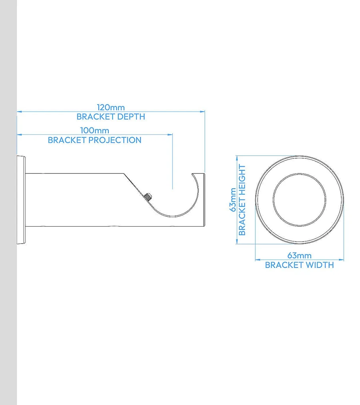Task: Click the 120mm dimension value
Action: (x=111, y=108)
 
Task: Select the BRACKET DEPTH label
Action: (x=111, y=117)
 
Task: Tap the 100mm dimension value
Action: (x=94, y=131)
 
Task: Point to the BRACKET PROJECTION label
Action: (x=94, y=140)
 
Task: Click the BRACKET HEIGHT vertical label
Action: (x=242, y=200)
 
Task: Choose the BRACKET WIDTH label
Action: (x=299, y=265)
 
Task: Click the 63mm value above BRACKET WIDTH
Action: (x=299, y=255)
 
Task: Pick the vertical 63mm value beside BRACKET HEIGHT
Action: (x=233, y=200)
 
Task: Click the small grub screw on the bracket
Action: (x=148, y=197)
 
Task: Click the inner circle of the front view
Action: (x=299, y=200)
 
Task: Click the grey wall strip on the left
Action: (x=8, y=200)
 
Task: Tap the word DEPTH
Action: (x=130, y=117)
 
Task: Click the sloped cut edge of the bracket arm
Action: (x=134, y=186)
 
